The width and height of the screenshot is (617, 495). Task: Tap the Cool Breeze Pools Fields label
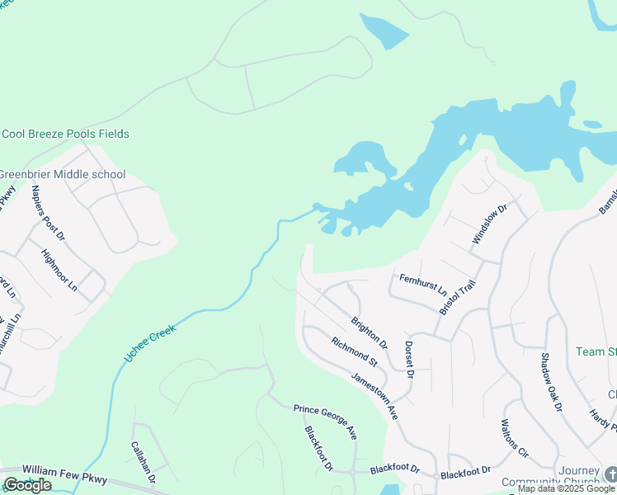coord(65,134)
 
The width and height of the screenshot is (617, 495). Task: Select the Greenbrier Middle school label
coord(63,174)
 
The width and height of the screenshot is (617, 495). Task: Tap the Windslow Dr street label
coord(488,224)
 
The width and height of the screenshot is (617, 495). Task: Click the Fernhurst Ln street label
coord(422,286)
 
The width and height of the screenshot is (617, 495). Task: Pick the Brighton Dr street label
coord(369,331)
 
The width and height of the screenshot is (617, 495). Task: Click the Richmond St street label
coord(354,351)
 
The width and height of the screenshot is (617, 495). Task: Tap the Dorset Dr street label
coord(408,359)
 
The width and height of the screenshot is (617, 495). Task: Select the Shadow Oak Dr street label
coord(551,383)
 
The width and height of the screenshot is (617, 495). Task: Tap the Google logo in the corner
coord(27,485)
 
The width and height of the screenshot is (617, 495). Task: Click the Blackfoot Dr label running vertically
coord(318,449)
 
